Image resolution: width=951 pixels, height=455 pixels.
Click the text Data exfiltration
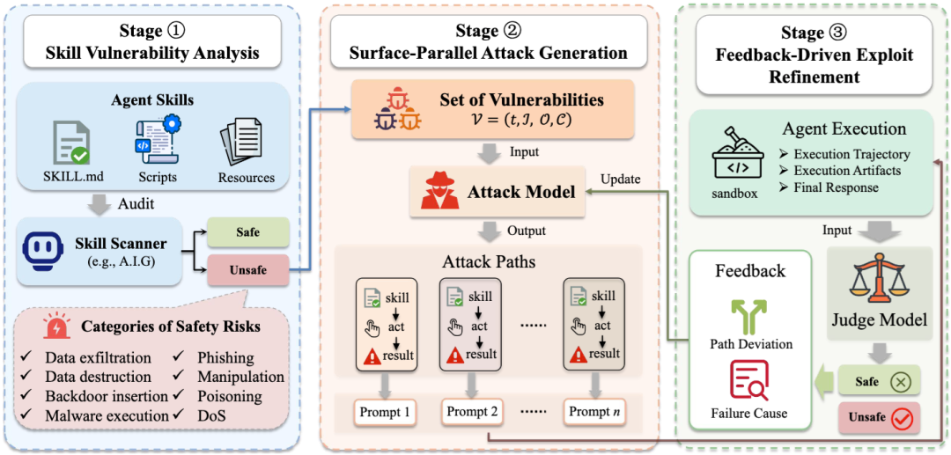click(98, 358)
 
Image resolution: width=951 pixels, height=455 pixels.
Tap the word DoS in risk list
click(210, 415)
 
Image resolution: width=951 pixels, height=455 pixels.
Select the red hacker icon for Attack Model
click(439, 191)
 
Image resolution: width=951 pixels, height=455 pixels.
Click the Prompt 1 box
click(384, 411)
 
